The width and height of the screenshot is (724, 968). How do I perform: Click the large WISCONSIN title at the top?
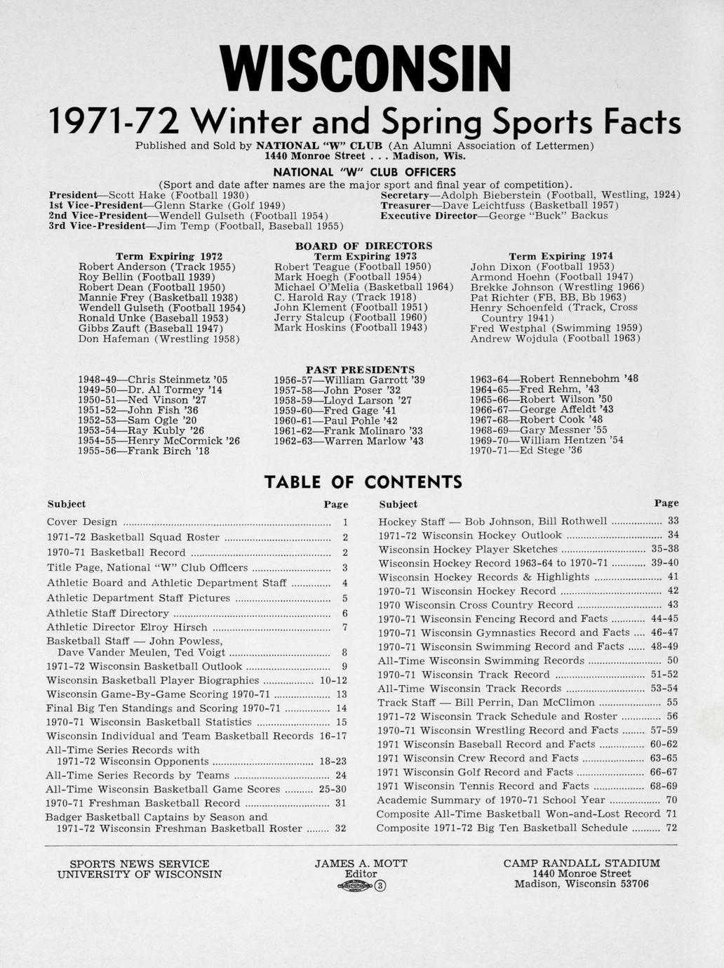pos(362,69)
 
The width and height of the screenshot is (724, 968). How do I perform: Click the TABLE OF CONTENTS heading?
pos(363,482)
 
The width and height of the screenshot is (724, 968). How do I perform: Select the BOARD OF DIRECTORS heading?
pos(363,246)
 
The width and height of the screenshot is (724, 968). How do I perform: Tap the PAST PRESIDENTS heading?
pos(360,369)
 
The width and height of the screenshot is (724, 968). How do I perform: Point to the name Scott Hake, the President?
pos(137,194)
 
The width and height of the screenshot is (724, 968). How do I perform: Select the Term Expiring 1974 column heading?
pos(561,256)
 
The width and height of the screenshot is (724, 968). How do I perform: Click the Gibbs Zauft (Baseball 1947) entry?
pos(151,328)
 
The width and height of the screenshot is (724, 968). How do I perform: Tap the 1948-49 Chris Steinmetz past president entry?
pos(153,380)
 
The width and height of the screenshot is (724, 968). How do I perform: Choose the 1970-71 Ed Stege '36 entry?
pos(525,451)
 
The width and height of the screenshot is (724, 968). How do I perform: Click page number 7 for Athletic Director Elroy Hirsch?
pos(344,628)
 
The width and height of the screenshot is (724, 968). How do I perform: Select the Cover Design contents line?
pos(82,522)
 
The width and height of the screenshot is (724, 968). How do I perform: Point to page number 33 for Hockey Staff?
pos(673,521)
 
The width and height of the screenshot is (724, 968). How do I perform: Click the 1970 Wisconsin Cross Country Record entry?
pos(475,605)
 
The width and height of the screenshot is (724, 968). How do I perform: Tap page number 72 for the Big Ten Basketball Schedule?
pos(671,828)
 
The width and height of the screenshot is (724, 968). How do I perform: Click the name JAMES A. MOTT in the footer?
pos(361,863)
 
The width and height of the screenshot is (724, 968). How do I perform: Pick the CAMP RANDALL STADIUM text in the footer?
pos(582,863)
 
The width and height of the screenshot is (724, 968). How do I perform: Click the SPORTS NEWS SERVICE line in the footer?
pos(139,864)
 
